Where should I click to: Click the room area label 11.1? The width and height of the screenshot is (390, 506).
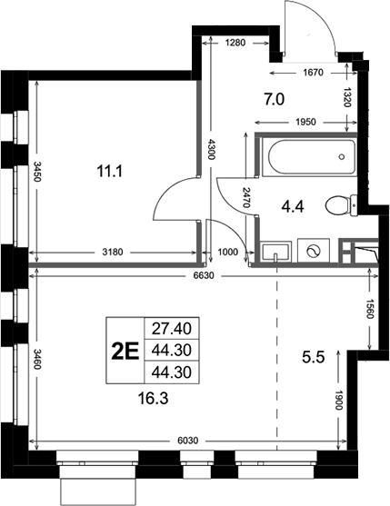[x=110, y=171]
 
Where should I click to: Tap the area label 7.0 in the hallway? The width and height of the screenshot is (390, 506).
[x=275, y=99]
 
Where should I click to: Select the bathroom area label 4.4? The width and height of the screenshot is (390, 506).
[x=293, y=206]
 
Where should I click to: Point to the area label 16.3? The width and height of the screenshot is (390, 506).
[x=153, y=399]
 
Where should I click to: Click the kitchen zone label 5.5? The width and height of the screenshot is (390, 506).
[x=313, y=357]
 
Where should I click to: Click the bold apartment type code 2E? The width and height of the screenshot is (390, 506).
[x=125, y=351]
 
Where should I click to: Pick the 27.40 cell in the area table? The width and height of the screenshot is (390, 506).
[x=172, y=329]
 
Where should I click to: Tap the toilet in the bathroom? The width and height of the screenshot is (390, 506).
[x=341, y=205]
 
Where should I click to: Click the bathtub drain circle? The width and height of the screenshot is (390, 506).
[x=342, y=157]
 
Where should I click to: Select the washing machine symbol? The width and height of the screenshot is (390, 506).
[x=314, y=252]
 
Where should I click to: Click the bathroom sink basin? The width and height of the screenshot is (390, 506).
[x=275, y=252]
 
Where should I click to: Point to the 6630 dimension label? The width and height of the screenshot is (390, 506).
[x=204, y=276]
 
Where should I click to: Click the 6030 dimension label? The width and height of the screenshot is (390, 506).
[x=188, y=441]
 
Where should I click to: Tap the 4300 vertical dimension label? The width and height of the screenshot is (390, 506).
[x=211, y=149]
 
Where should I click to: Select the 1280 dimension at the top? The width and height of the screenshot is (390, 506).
[x=235, y=43]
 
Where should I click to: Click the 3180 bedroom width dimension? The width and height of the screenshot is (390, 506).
[x=113, y=252]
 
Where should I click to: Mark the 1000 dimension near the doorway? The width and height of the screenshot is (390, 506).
[x=228, y=252]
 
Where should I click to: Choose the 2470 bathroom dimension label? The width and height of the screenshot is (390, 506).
[x=246, y=197]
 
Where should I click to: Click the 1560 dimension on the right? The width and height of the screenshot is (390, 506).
[x=370, y=308]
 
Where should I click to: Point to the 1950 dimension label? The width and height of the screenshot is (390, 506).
[x=305, y=123]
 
